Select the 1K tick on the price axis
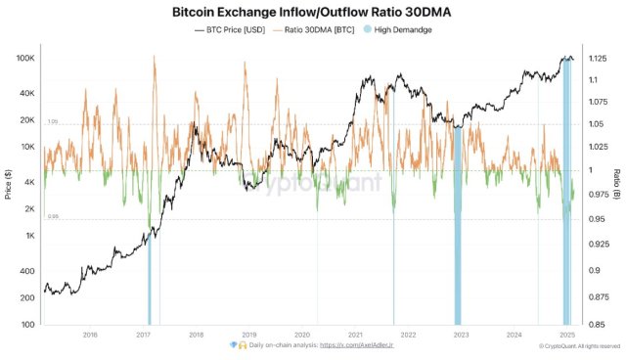click(30, 236)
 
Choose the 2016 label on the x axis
click(90, 335)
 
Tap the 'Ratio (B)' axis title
click(617, 183)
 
